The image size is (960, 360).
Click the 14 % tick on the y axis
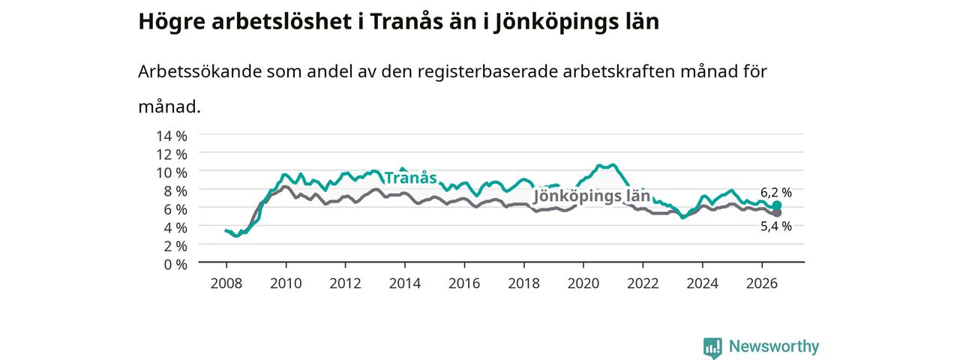[x=172, y=136]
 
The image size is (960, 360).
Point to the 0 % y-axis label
[x=175, y=264]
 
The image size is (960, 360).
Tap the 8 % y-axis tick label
[x=175, y=190]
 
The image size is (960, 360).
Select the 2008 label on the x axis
[x=226, y=283]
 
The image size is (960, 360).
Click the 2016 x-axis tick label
[x=464, y=283]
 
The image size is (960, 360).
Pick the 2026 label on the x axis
[x=761, y=283]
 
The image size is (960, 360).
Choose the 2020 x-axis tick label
[x=583, y=283]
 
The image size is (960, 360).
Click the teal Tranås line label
[x=410, y=178]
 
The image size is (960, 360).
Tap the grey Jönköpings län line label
[x=592, y=196]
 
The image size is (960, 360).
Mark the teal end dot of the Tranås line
[x=776, y=205]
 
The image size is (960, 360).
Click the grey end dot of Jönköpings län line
[x=776, y=213]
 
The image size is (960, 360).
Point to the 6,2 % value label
[x=776, y=193]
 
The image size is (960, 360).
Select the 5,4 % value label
[x=776, y=226]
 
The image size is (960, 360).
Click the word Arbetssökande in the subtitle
[x=199, y=71]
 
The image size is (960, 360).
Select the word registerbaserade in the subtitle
[x=487, y=71]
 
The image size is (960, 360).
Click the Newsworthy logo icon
[x=712, y=347]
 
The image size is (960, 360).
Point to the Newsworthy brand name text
[x=774, y=346]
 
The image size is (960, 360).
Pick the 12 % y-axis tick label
[x=172, y=154]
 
